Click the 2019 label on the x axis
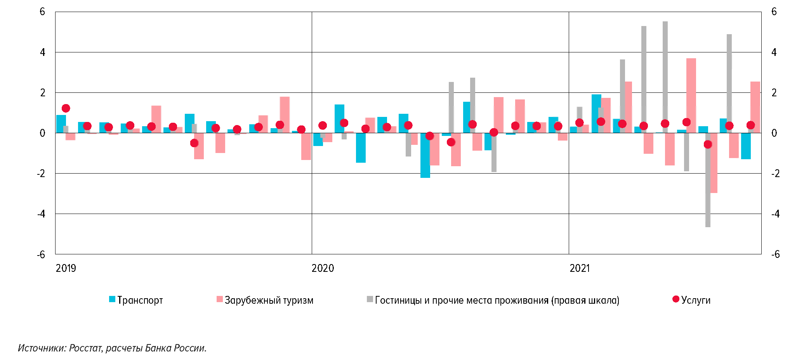[66, 268]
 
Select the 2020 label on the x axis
[323, 268]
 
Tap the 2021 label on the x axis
[580, 268]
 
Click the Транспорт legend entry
[140, 300]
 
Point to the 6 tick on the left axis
[42, 12]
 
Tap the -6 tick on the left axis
[41, 255]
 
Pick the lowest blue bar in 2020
[425, 155]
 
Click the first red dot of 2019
[66, 108]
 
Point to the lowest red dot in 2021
[708, 144]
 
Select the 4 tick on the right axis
[774, 52]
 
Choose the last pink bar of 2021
[755, 107]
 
